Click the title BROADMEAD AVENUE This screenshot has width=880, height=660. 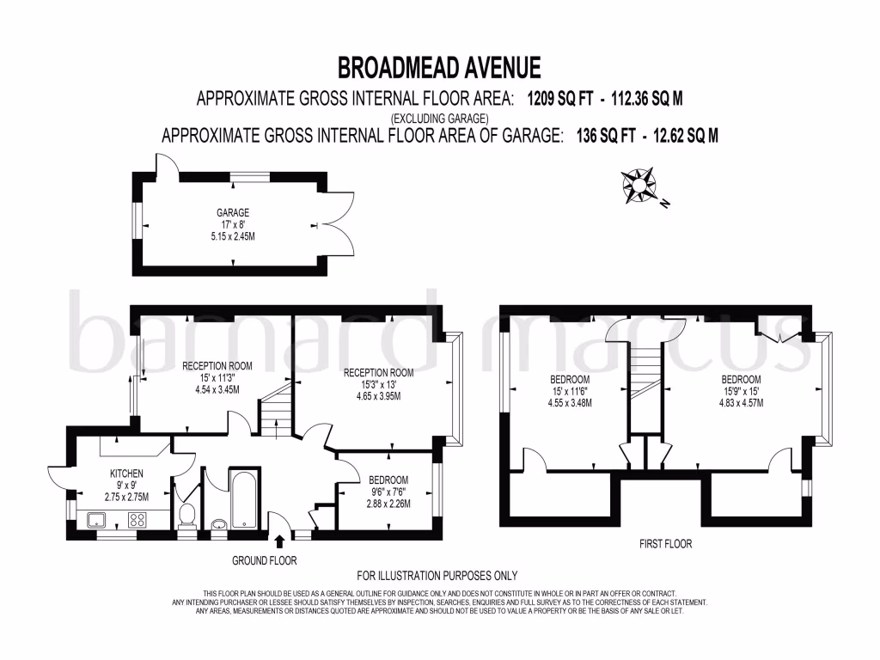click(x=439, y=67)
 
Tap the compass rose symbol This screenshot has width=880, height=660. click(x=639, y=186)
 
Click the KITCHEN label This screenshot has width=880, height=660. click(x=126, y=474)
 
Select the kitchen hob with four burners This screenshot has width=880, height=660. click(x=137, y=519)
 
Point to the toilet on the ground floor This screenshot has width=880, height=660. click(x=186, y=516)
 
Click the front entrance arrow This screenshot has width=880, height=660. click(x=280, y=541)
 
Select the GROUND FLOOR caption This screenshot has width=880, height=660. click(x=265, y=560)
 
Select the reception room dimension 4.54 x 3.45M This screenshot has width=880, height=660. click(x=217, y=389)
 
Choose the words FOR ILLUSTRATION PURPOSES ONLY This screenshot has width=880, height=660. click(x=437, y=576)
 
